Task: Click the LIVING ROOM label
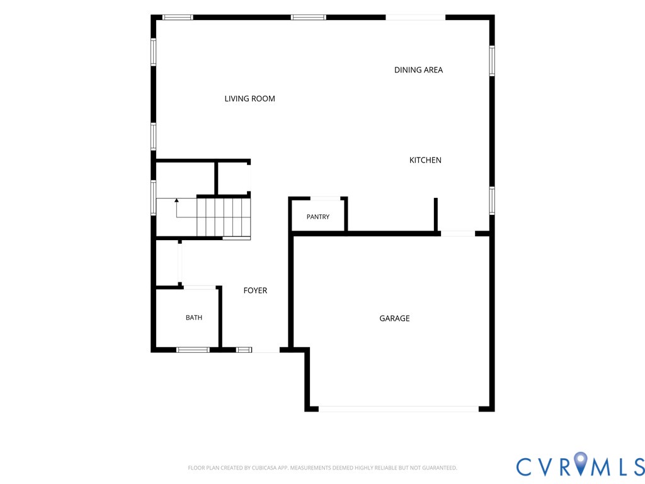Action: point(249,99)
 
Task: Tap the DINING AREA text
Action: point(418,70)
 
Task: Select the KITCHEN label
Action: point(425,160)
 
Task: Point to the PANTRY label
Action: point(318,217)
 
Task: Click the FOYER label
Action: point(255,291)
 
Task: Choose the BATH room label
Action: point(194,318)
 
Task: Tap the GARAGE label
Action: point(394,318)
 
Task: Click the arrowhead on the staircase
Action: point(176,200)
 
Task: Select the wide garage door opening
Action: point(398,409)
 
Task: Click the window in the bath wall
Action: point(193,350)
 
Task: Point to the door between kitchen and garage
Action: point(458,233)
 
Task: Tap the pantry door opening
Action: point(325,199)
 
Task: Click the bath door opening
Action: point(200,287)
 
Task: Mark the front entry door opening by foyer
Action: point(266,350)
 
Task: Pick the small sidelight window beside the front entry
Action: point(244,350)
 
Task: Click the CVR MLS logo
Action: point(580,466)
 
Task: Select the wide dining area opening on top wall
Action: point(416,17)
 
